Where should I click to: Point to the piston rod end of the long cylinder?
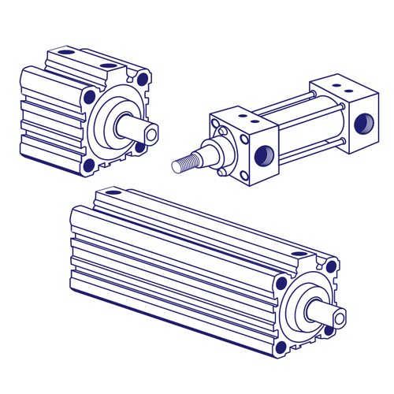(x=339, y=318)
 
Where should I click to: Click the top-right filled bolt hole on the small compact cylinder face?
(x=142, y=77)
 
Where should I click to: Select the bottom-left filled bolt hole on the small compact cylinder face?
(x=90, y=165)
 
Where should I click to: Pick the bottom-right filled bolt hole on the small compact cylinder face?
(x=140, y=146)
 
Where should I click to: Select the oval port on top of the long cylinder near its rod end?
(x=299, y=255)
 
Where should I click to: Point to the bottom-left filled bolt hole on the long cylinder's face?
(x=281, y=345)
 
